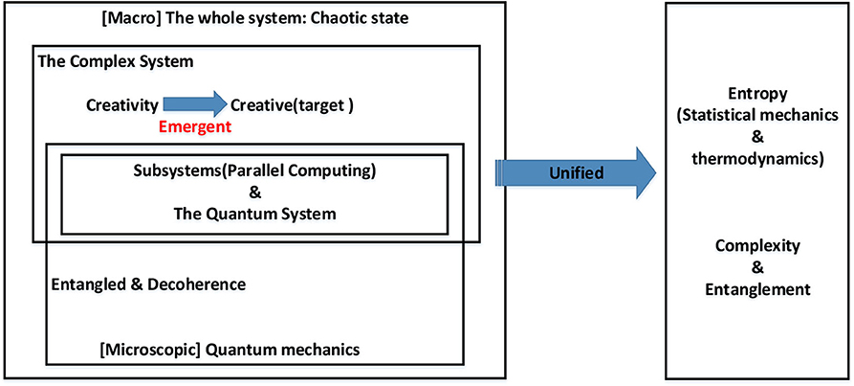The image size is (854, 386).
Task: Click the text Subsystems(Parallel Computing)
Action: [254, 171]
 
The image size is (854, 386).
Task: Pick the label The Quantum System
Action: [254, 214]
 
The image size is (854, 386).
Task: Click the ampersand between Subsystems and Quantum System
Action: [254, 193]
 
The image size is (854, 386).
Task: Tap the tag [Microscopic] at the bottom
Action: [148, 350]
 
